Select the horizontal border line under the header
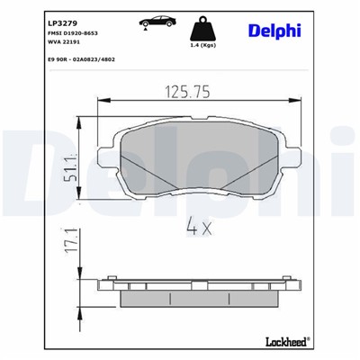[x=180, y=71]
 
